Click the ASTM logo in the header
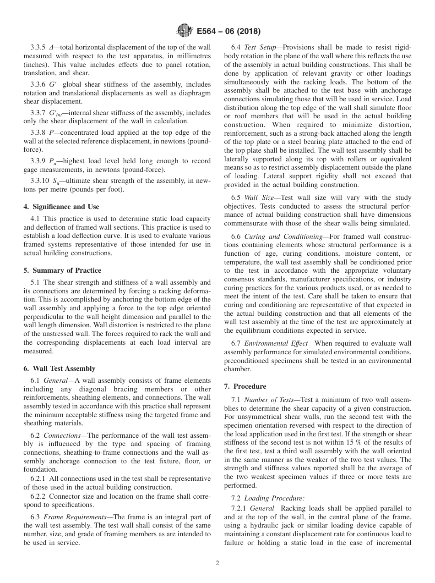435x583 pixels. (x=184, y=31)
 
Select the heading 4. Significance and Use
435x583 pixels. (x=61, y=207)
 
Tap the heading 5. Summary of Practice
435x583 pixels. (x=62, y=270)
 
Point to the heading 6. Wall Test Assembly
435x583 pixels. (x=60, y=368)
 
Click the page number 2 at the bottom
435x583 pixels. (x=217, y=563)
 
